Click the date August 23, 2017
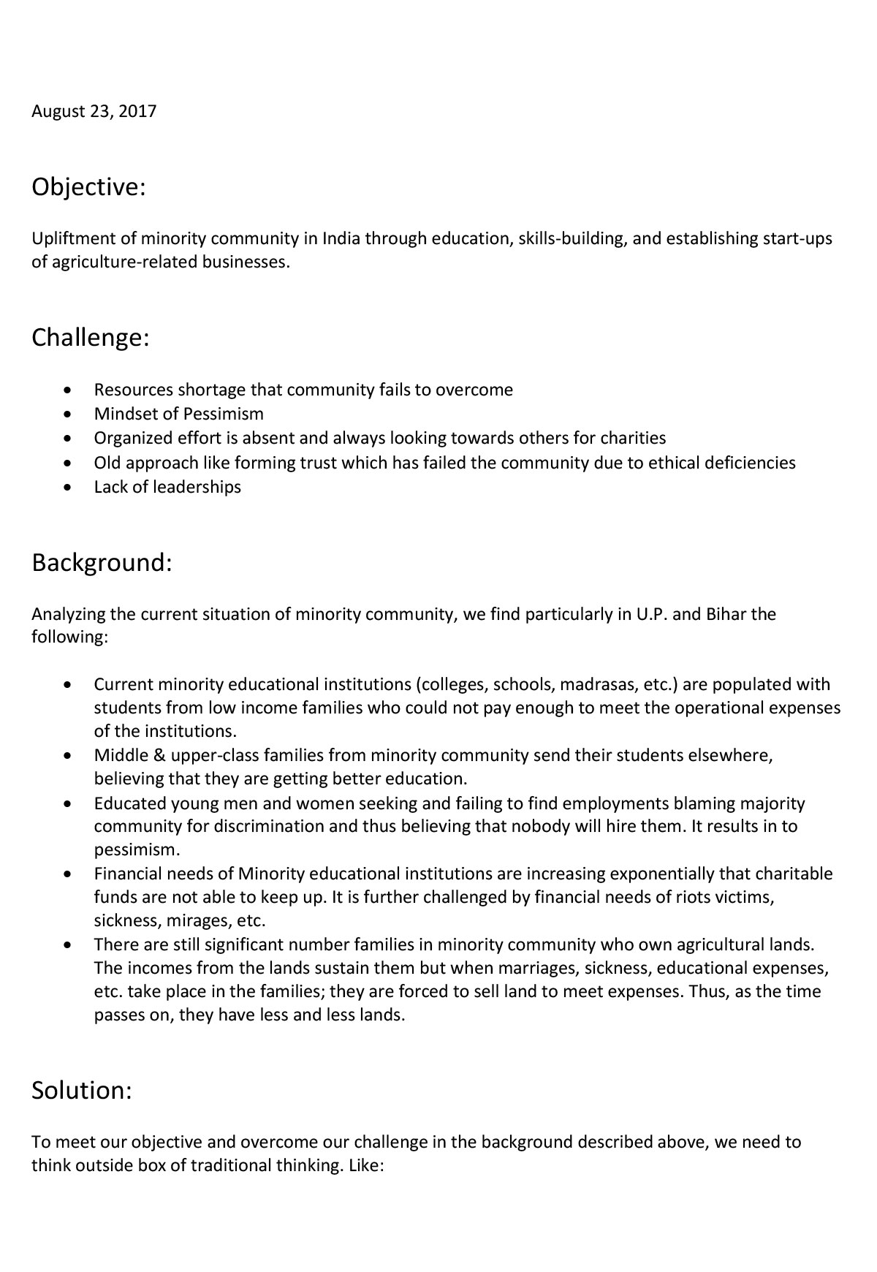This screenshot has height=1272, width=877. (x=94, y=112)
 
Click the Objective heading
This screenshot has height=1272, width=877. (x=88, y=187)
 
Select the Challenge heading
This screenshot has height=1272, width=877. (x=91, y=338)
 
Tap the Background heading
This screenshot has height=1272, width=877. (x=102, y=563)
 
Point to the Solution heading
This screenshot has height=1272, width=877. (x=82, y=1090)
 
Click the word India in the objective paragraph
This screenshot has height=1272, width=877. (x=341, y=239)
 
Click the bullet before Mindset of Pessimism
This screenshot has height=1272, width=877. (x=68, y=414)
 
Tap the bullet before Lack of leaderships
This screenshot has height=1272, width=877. (x=68, y=488)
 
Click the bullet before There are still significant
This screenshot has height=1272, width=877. (x=68, y=945)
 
